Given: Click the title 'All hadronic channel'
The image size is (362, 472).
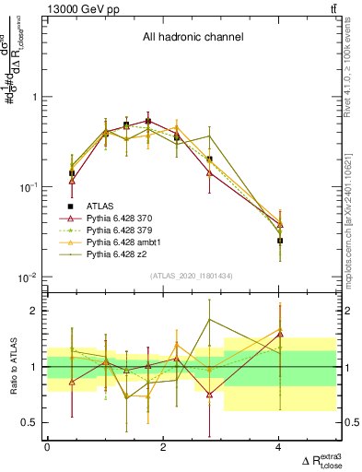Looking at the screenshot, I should click(193, 38).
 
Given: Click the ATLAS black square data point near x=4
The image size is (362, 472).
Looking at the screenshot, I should click(280, 241).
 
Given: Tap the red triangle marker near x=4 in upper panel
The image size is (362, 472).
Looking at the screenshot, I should click(280, 225).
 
